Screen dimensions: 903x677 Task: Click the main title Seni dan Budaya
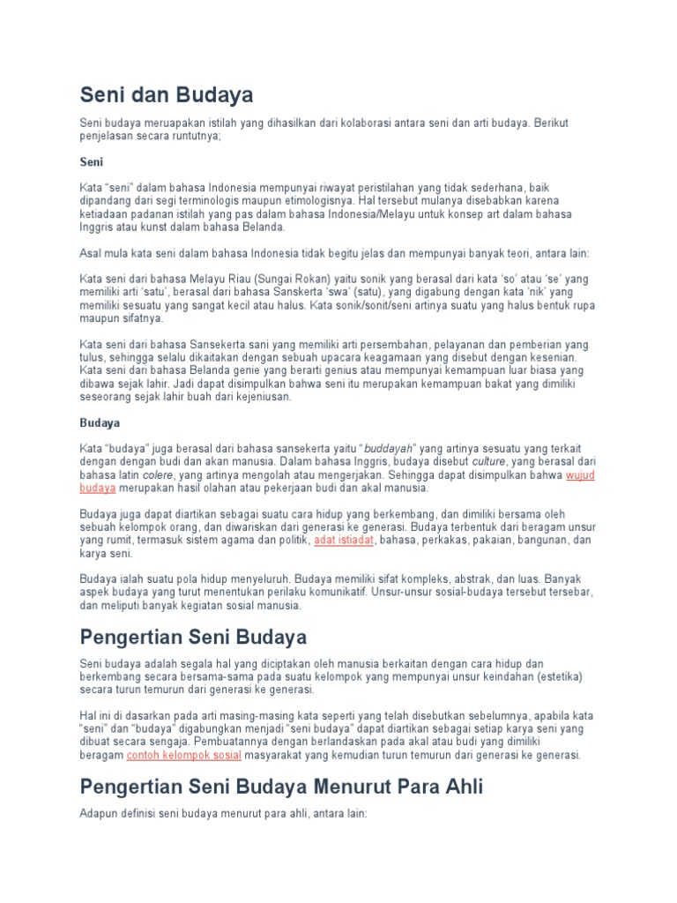point(166,93)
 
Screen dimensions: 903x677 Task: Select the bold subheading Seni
point(92,162)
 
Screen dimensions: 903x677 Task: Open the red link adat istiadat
point(346,539)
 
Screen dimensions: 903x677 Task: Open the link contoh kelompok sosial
point(183,756)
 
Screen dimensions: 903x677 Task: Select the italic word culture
point(489,461)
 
